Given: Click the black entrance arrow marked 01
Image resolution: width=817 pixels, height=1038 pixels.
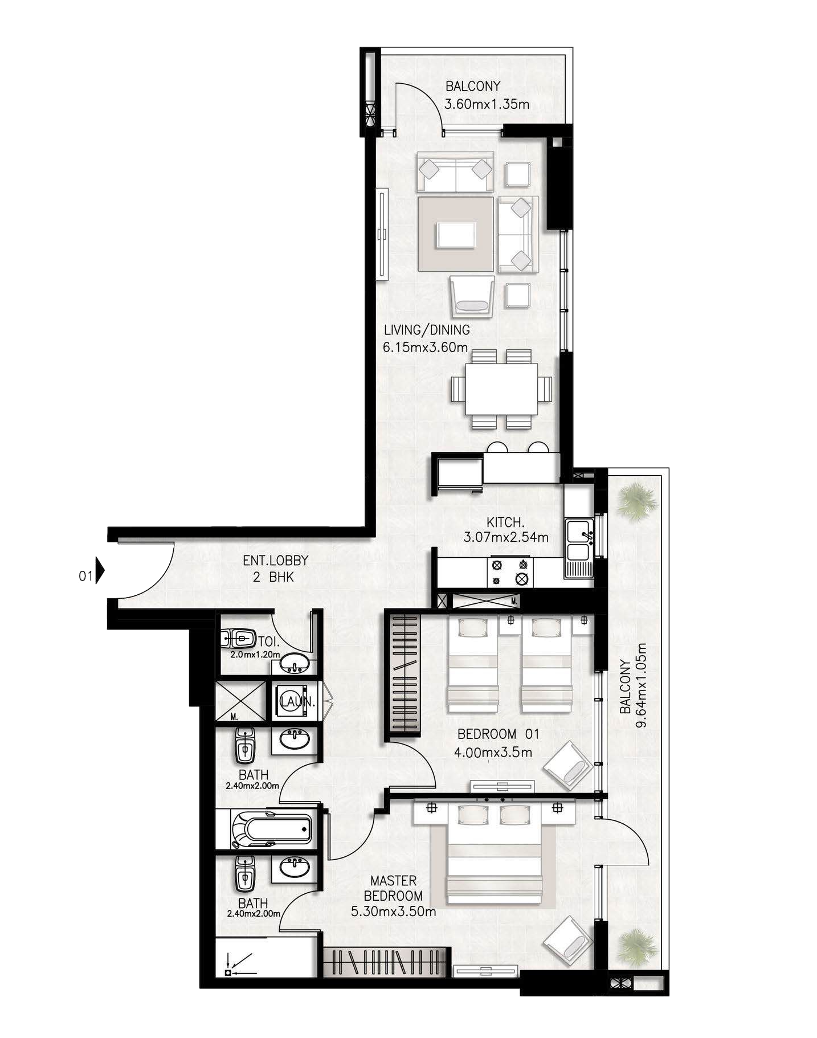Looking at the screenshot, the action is pyautogui.click(x=100, y=570).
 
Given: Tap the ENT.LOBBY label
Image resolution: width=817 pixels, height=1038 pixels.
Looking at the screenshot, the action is pyautogui.click(x=275, y=560).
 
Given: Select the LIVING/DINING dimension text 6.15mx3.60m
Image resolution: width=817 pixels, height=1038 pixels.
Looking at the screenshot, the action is pyautogui.click(x=425, y=347).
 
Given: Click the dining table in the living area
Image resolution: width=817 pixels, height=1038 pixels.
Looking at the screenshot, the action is pyautogui.click(x=501, y=389).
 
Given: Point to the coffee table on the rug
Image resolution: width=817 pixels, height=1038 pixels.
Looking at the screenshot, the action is pyautogui.click(x=456, y=235).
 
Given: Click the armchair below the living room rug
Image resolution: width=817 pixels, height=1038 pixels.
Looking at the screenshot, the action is pyautogui.click(x=472, y=296).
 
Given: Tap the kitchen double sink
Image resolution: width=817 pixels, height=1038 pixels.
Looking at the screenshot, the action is pyautogui.click(x=579, y=545).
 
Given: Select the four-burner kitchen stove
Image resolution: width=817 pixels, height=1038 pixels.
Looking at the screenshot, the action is pyautogui.click(x=510, y=572).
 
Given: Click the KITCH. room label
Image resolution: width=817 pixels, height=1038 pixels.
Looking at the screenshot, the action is pyautogui.click(x=505, y=522).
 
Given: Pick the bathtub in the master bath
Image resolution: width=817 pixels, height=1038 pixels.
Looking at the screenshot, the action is pyautogui.click(x=271, y=830).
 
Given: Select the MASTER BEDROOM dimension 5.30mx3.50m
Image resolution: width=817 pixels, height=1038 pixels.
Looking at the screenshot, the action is pyautogui.click(x=394, y=912).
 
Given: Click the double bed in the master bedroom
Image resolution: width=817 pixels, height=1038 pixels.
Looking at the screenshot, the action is pyautogui.click(x=493, y=851).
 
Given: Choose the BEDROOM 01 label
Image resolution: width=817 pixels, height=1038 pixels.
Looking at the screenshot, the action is pyautogui.click(x=498, y=734).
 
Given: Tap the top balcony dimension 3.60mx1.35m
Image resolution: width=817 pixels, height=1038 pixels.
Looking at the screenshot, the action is pyautogui.click(x=487, y=104).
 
